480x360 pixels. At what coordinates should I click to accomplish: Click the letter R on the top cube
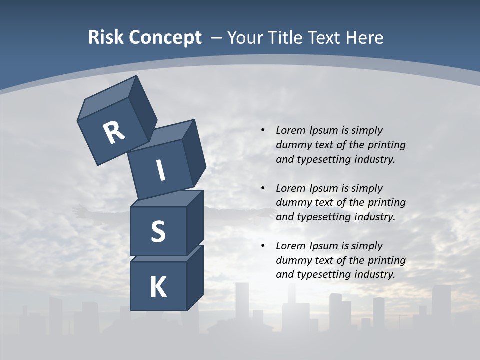pos(114,132)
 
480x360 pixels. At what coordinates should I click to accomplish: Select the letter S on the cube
pos(158,232)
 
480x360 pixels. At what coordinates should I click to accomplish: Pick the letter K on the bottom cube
pos(158,287)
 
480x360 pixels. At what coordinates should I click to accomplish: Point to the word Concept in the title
pos(165,37)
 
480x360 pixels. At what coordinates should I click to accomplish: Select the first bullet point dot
pos(263,130)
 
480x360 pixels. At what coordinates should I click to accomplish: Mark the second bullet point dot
pos(263,188)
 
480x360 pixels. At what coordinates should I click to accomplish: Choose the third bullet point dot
pos(263,246)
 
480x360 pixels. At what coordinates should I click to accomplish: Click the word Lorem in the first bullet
pos(290,130)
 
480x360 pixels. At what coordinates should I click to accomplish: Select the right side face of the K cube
pos(195,277)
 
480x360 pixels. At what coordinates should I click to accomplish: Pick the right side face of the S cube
pos(195,222)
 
